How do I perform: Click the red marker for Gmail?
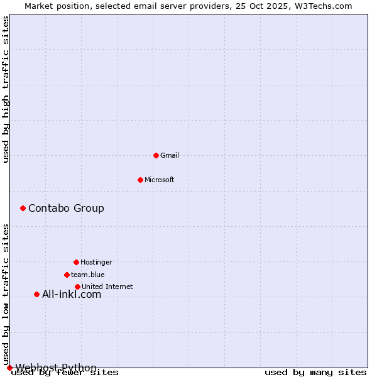(x=156, y=155)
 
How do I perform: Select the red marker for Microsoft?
(x=140, y=180)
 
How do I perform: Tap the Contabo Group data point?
(x=23, y=208)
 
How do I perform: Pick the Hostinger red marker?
(x=76, y=262)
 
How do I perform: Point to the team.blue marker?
(x=67, y=275)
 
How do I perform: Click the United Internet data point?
(x=77, y=287)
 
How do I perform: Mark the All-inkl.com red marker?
(x=36, y=294)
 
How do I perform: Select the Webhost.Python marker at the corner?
(x=9, y=368)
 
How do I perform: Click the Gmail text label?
(x=170, y=155)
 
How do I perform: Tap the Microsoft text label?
(x=160, y=180)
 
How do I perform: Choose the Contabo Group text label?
(x=66, y=208)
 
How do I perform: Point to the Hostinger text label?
(x=96, y=262)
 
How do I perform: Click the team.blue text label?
(x=88, y=275)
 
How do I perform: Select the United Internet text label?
(x=107, y=287)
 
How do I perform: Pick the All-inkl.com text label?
(x=72, y=294)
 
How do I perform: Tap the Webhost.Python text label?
(x=56, y=368)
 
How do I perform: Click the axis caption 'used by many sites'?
(x=315, y=373)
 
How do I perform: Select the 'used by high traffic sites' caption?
(x=6, y=89)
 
